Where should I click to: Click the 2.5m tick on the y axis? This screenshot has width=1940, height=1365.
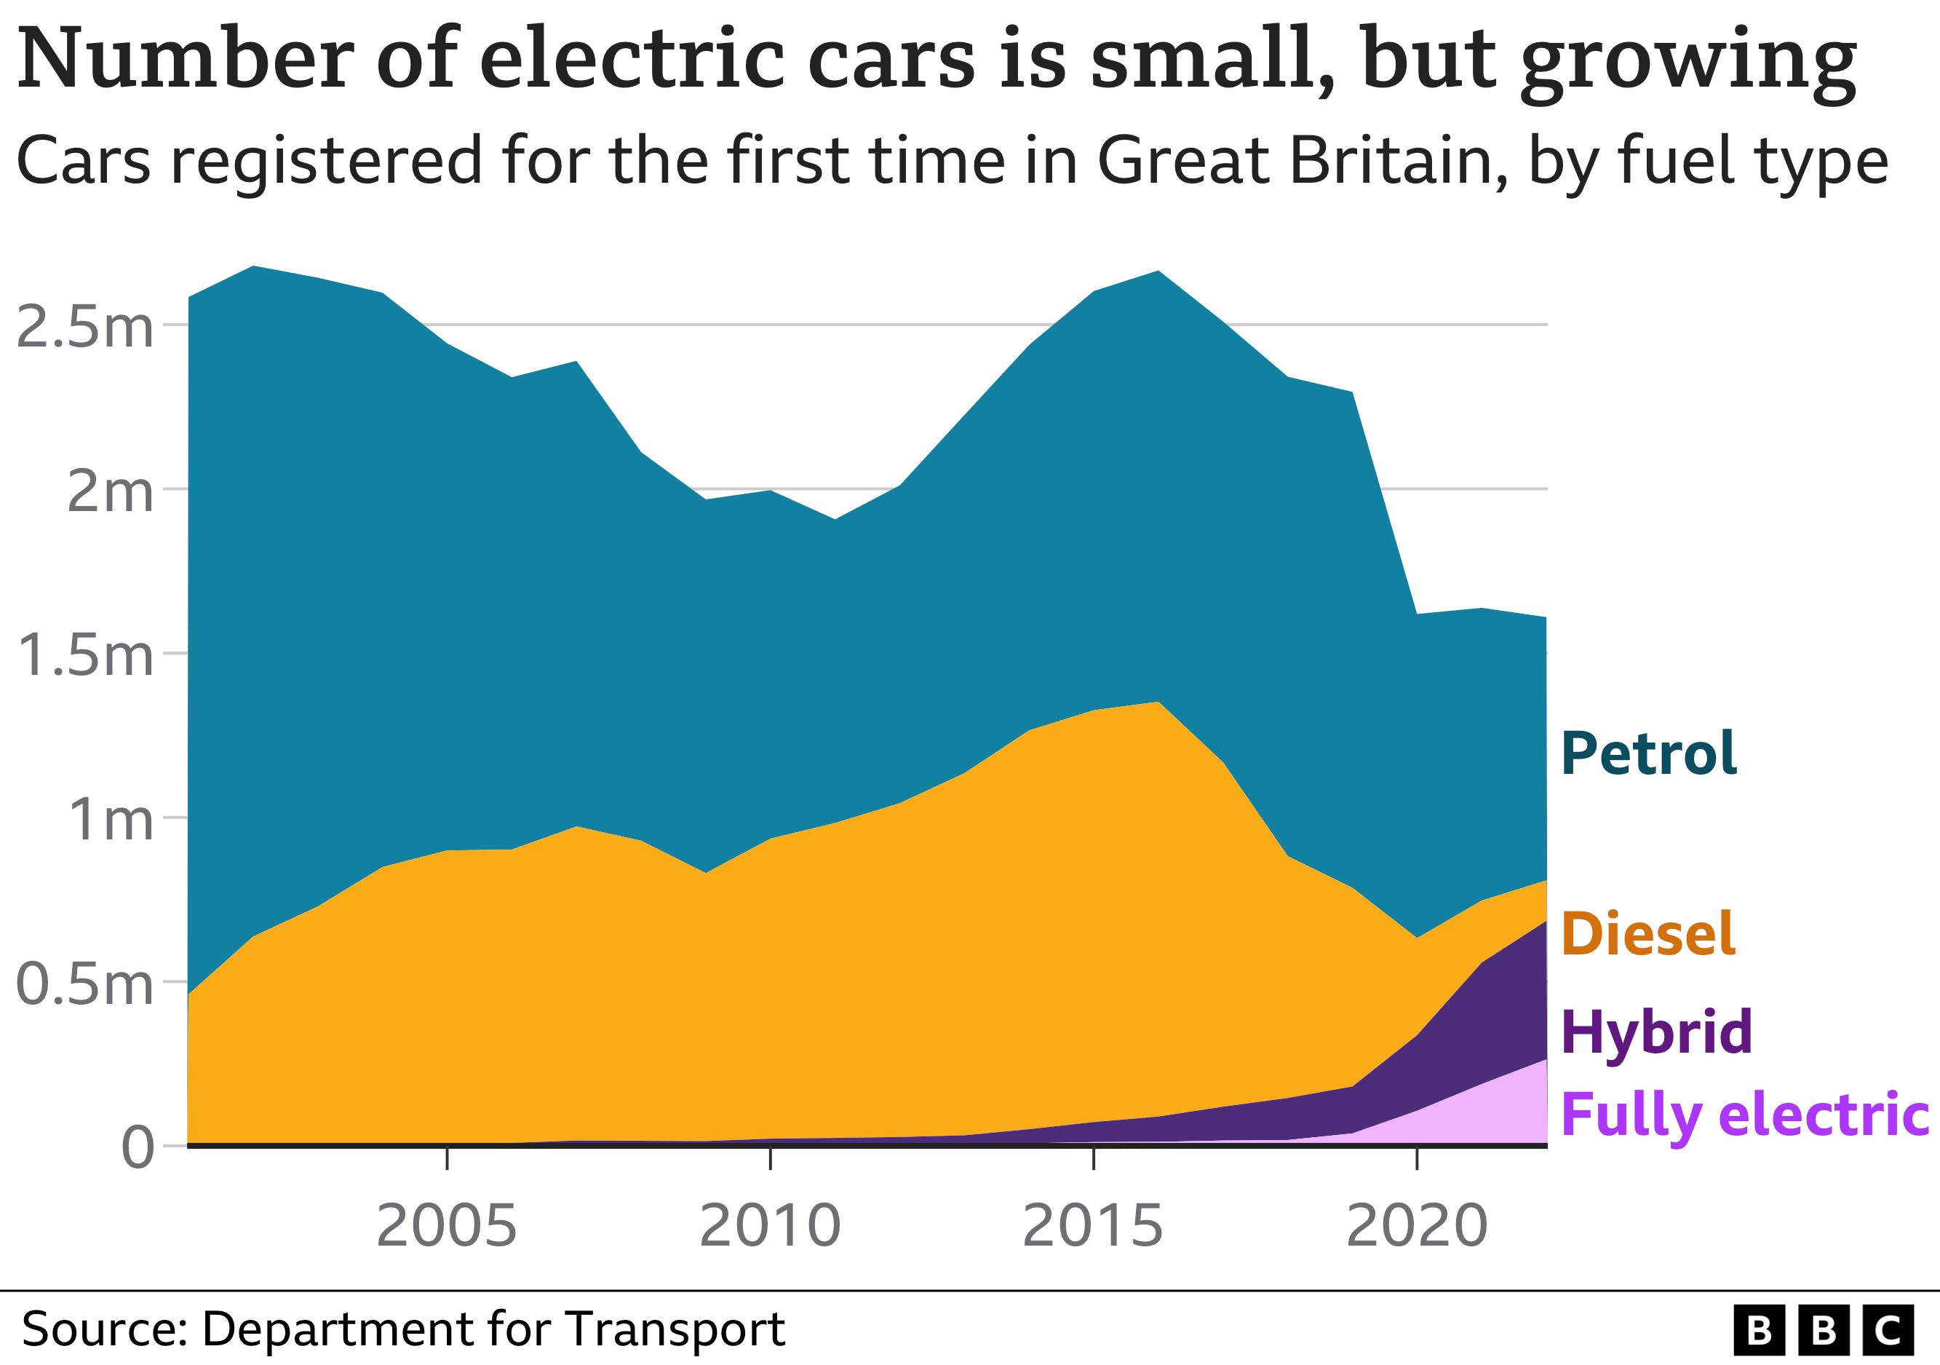click(84, 327)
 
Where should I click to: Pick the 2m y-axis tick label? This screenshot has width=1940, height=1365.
click(110, 491)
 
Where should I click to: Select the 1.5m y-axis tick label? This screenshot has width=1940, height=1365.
click(84, 655)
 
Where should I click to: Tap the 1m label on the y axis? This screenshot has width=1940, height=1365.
click(110, 819)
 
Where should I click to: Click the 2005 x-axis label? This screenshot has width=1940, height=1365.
click(446, 1225)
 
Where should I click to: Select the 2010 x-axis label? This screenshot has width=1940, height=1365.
click(770, 1225)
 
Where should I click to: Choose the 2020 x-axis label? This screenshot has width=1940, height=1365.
click(1416, 1225)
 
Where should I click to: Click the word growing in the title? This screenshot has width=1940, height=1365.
click(1687, 61)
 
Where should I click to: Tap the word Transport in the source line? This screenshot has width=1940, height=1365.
click(675, 1328)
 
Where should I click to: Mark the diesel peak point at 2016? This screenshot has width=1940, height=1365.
click(1158, 702)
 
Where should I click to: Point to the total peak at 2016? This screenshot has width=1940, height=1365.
click(1158, 271)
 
